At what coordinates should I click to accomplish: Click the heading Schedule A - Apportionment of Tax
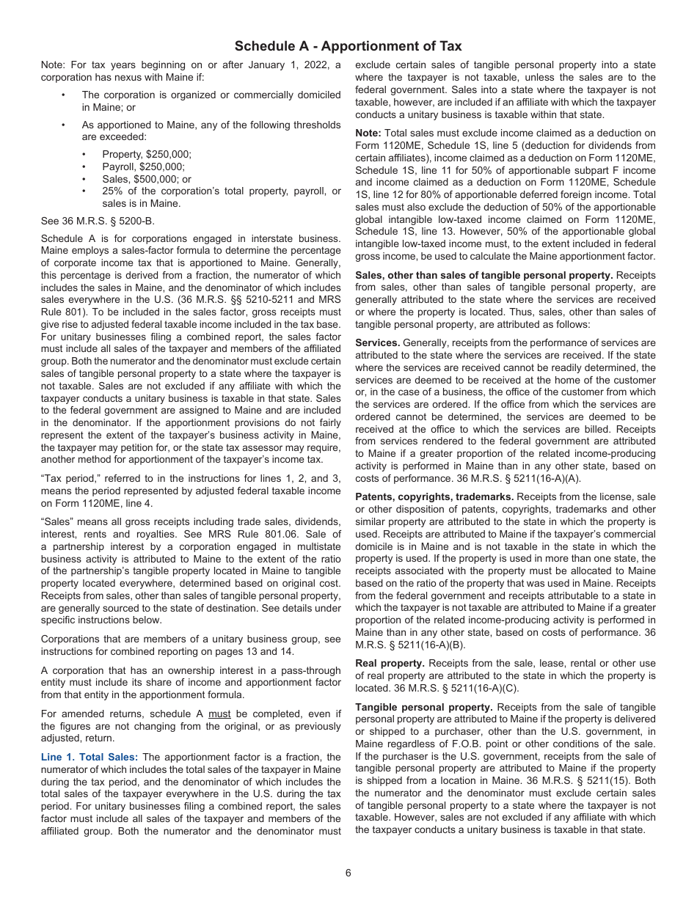pyautogui.click(x=348, y=46)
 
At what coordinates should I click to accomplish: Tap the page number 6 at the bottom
pyautogui.click(x=348, y=873)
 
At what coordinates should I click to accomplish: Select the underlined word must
pyautogui.click(x=219, y=714)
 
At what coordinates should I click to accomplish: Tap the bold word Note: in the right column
pyautogui.click(x=368, y=133)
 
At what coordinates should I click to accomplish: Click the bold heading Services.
pyautogui.click(x=377, y=342)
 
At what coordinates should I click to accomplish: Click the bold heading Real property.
pyautogui.click(x=390, y=664)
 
